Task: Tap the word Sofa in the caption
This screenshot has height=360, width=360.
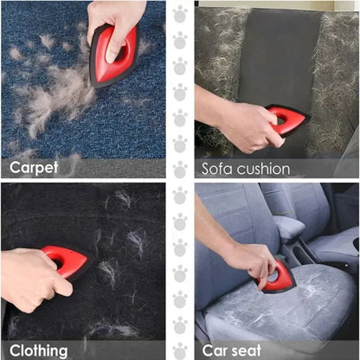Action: [x=220, y=168]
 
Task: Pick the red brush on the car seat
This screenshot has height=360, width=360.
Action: [x=278, y=276]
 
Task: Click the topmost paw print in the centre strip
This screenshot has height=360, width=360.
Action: [x=180, y=14]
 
